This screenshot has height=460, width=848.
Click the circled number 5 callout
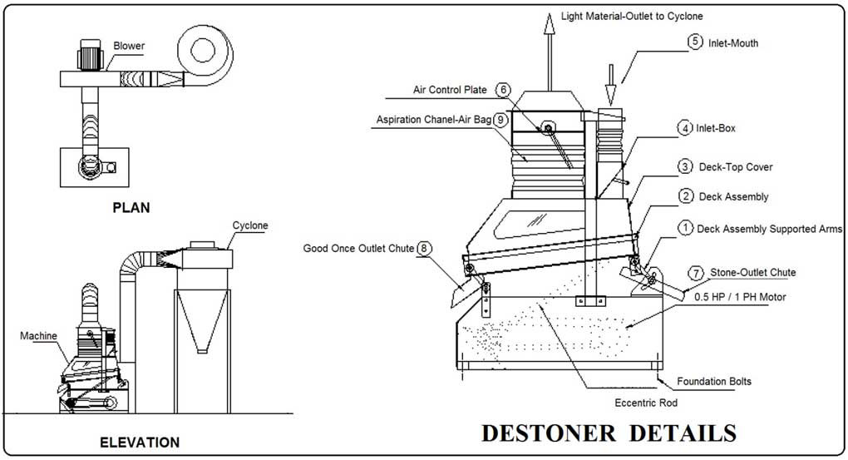point(694,41)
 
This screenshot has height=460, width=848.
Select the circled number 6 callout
point(503,90)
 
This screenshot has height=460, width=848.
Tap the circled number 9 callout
point(500,120)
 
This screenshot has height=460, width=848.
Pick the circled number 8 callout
point(425,247)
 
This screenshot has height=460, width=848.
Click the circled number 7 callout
point(694,272)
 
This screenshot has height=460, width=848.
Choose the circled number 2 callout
point(686,196)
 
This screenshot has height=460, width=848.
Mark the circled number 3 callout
point(684,166)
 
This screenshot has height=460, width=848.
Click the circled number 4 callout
point(684,128)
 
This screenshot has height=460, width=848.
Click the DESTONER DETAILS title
point(609,433)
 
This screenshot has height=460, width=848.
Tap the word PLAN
point(131,208)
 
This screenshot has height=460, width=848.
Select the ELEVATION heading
point(139,442)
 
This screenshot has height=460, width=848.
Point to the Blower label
point(128,47)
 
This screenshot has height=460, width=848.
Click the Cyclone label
point(250,225)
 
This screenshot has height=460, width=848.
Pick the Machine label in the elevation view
point(39,335)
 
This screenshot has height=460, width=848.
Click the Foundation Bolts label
point(714,381)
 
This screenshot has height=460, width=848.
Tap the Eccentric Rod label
point(646,403)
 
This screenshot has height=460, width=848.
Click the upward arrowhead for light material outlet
point(548,23)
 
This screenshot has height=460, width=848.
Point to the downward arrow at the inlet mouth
point(609,76)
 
